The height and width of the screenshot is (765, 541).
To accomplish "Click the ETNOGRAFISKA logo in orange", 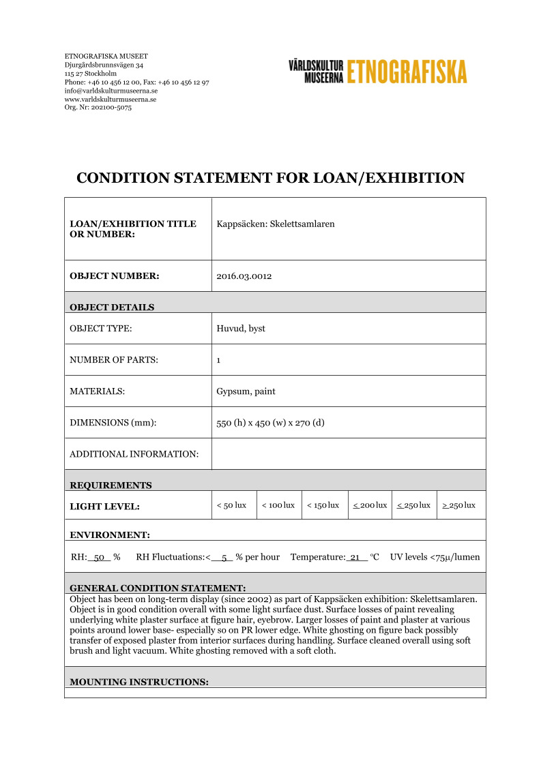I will (407, 71).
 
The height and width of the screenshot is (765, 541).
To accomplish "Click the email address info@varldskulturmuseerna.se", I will (111, 91).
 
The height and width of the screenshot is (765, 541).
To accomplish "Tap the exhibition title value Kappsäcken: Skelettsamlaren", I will (275, 224).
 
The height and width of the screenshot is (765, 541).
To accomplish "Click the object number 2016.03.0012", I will (244, 276).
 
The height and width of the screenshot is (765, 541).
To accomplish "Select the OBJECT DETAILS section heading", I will (112, 307).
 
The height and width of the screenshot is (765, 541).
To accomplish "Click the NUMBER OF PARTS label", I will (113, 360).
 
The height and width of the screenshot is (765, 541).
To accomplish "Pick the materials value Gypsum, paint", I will (246, 391).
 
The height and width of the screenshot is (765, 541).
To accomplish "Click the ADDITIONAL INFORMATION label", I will (134, 454).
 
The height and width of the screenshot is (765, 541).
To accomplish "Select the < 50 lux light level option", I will (231, 505).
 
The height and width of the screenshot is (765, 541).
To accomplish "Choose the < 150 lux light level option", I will (323, 505).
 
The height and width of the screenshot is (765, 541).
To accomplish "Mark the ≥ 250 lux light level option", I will (458, 505).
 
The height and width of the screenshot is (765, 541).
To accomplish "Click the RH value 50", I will (99, 557).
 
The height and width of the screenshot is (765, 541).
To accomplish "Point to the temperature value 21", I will (355, 557).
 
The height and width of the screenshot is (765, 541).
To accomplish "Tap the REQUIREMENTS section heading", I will (111, 485).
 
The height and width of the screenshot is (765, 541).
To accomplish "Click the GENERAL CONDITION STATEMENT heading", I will (158, 588).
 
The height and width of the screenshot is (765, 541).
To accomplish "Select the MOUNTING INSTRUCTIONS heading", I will (138, 682).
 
